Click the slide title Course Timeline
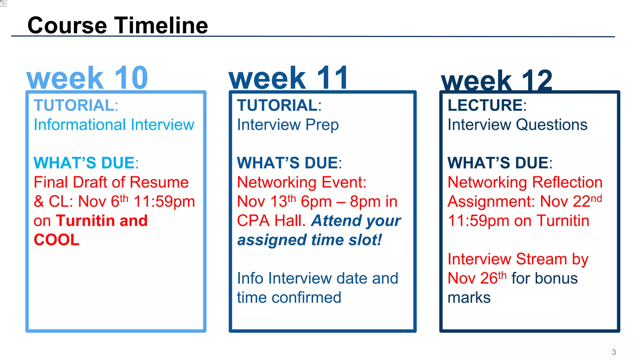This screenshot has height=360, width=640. (x=117, y=25)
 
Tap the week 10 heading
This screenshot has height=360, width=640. (x=87, y=78)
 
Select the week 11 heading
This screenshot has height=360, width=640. (x=288, y=78)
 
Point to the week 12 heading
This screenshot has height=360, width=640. (x=497, y=81)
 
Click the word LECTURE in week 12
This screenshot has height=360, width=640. (x=485, y=105)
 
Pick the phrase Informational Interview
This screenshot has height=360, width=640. (x=114, y=125)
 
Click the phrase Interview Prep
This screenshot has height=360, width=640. (x=288, y=125)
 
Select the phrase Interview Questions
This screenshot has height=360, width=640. (x=517, y=125)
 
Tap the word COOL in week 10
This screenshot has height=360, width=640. (x=57, y=240)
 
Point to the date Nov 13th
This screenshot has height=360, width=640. (x=266, y=202)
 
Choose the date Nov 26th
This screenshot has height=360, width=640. (x=477, y=278)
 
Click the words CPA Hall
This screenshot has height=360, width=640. (x=271, y=221)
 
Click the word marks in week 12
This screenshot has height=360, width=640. (x=469, y=297)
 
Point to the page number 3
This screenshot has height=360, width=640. (x=614, y=352)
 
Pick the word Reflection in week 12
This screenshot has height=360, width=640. (x=567, y=182)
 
